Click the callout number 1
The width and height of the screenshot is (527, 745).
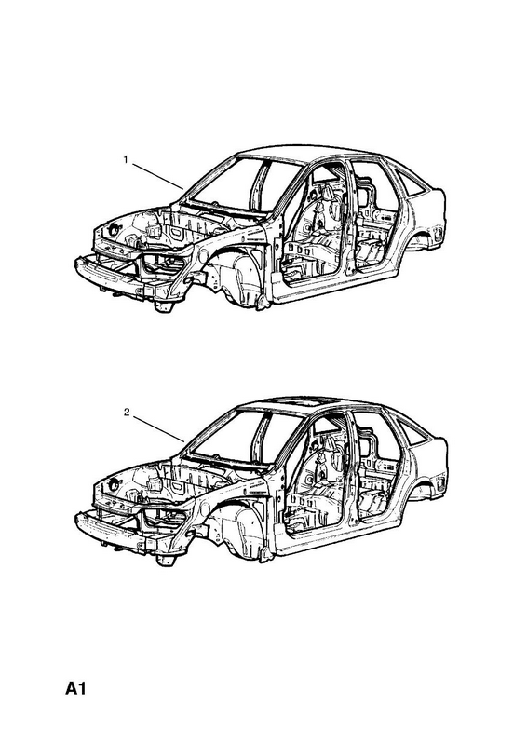tap(126, 159)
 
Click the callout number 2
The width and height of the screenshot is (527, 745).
tap(127, 413)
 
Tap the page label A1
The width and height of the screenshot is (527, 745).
tap(75, 688)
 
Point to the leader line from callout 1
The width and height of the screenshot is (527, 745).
tap(157, 176)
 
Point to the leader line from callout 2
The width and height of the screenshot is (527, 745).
tap(158, 429)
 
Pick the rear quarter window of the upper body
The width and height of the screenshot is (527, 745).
tap(410, 183)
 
